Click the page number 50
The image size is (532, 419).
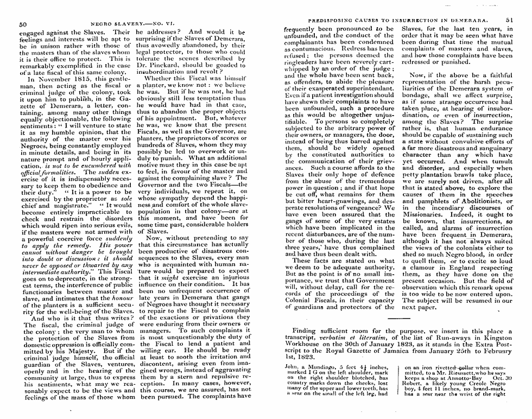pos(22,24)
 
